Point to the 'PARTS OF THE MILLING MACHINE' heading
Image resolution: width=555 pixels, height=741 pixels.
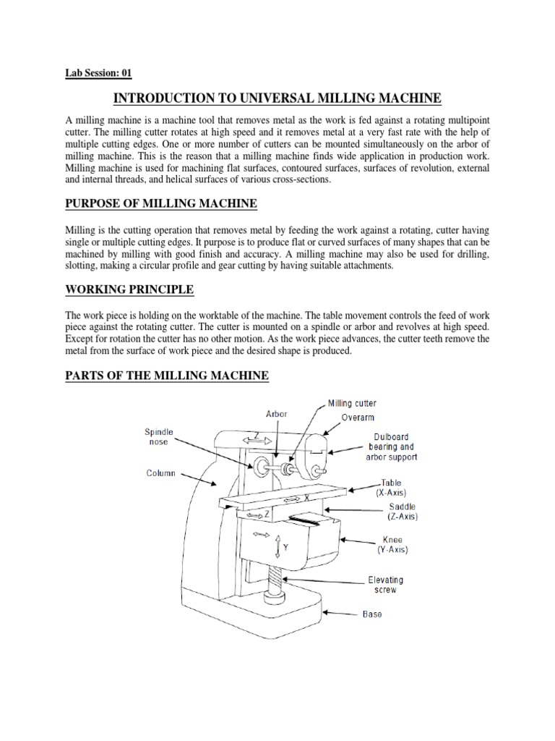pos(167,376)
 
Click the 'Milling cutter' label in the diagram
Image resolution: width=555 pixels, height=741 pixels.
pos(352,403)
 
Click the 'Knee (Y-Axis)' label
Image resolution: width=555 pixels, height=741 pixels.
pos(392,545)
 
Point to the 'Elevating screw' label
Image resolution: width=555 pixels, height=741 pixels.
pos(385,585)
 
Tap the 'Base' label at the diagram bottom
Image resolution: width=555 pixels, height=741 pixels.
pos(371,614)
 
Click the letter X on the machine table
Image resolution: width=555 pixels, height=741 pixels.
pos(306,499)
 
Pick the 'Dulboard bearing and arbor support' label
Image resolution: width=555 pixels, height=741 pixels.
pos(395,447)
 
